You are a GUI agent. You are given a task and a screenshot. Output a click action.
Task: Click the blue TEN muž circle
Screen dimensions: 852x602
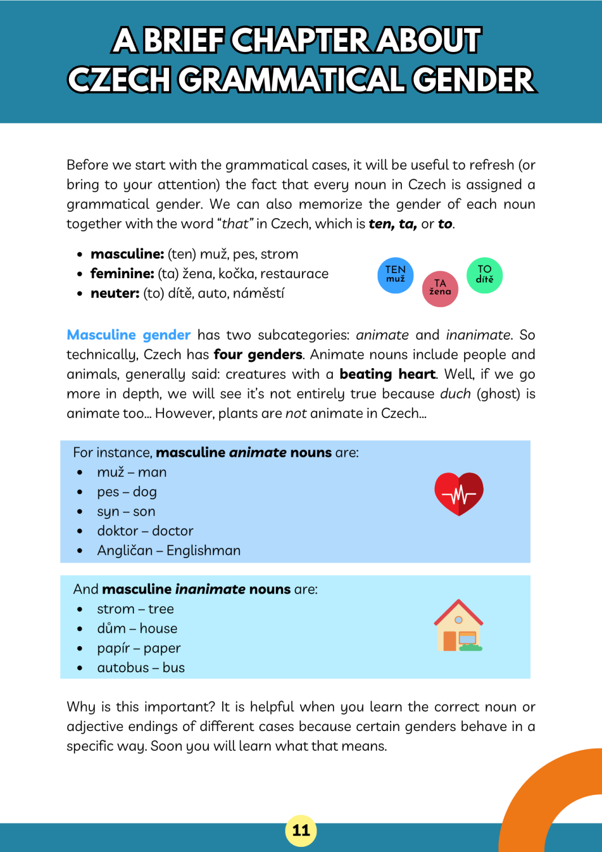(x=395, y=275)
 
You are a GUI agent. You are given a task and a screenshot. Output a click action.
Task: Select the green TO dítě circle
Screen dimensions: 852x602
(x=484, y=275)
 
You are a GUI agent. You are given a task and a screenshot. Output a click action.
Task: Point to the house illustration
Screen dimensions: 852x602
(x=458, y=625)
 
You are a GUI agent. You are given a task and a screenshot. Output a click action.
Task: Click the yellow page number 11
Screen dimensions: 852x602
(x=301, y=830)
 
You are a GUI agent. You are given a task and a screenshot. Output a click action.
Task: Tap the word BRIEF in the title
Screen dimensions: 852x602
(x=184, y=40)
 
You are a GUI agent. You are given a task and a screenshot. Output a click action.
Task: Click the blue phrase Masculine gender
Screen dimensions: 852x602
(x=128, y=335)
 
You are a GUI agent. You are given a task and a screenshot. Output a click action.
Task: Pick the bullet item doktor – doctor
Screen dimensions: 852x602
(x=145, y=531)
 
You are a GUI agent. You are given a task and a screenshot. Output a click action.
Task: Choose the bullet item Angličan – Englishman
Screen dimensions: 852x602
(x=168, y=550)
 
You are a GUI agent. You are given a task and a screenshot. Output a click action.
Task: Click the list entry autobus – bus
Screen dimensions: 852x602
(x=141, y=668)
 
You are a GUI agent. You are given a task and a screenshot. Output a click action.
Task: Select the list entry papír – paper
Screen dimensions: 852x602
(x=138, y=648)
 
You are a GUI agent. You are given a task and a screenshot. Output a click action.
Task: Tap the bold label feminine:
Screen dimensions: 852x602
(x=122, y=274)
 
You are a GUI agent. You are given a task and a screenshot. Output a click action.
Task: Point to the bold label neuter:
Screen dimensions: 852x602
(x=115, y=293)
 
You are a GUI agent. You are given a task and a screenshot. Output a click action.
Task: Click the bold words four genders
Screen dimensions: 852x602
(x=258, y=354)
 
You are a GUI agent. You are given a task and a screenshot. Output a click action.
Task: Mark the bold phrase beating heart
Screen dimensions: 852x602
(x=387, y=374)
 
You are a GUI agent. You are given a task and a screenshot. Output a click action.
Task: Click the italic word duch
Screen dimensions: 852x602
(x=455, y=393)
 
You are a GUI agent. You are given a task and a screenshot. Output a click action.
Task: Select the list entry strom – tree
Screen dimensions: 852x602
(x=135, y=609)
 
